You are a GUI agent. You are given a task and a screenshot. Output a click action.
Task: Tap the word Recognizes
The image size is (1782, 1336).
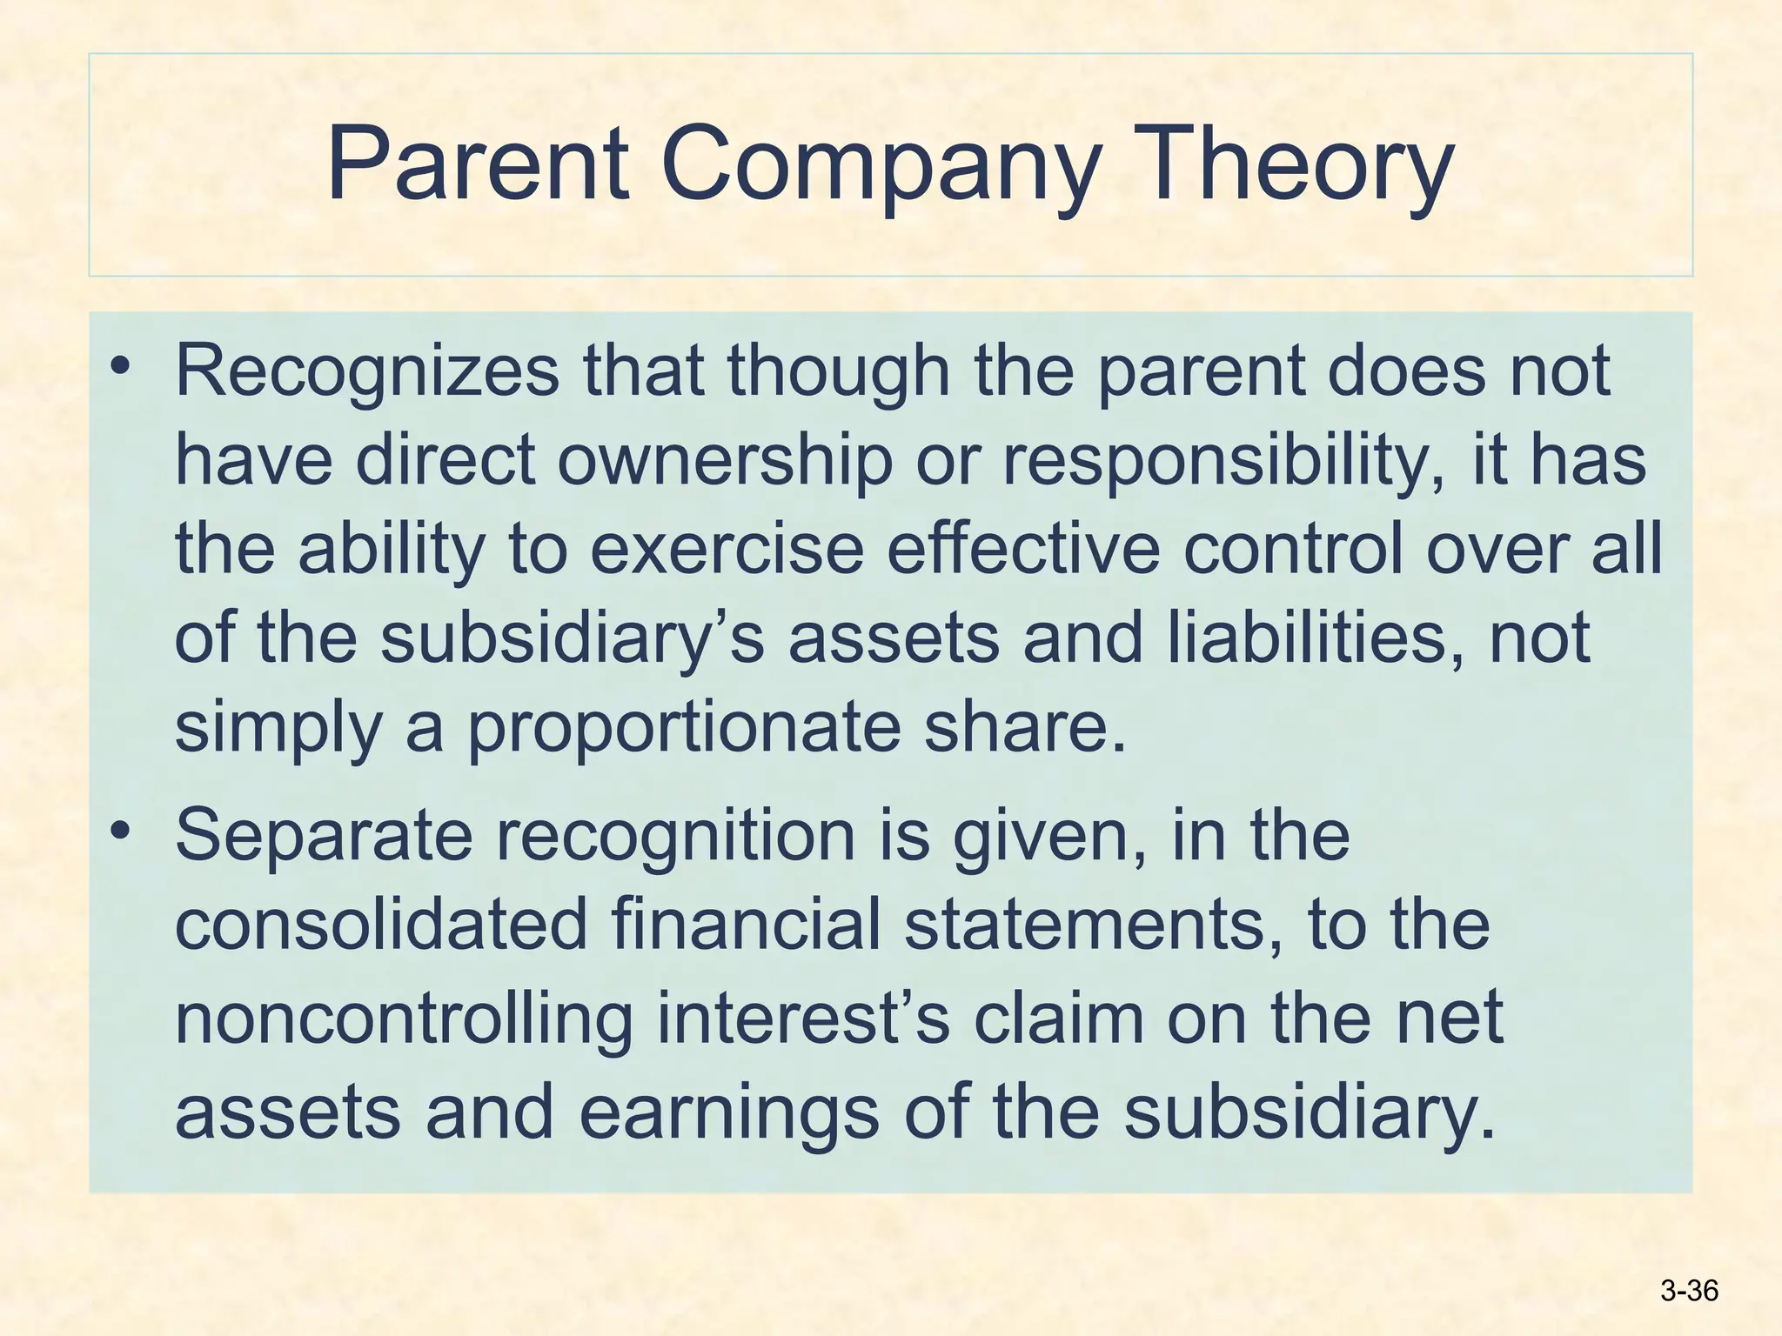coord(367,372)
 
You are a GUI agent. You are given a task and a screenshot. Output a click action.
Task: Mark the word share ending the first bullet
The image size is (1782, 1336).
coord(1023,729)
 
